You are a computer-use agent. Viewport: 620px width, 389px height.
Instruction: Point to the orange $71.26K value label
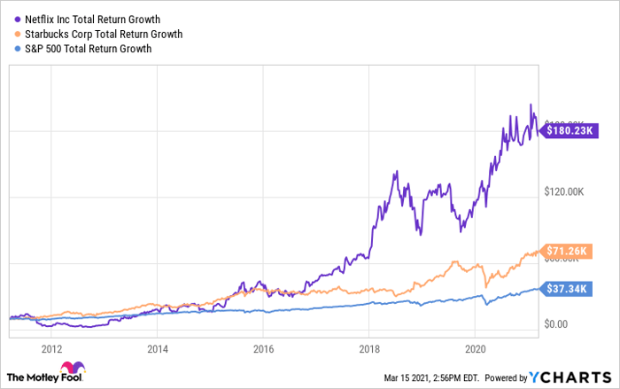[x=568, y=252]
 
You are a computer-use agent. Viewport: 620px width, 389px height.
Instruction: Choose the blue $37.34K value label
[x=568, y=288]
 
